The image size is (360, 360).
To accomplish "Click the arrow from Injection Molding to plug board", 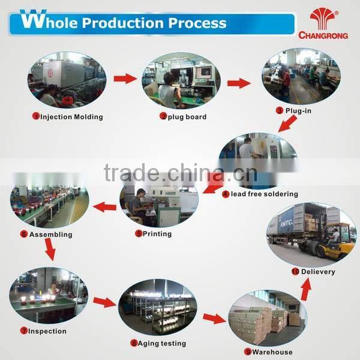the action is click(x=125, y=79).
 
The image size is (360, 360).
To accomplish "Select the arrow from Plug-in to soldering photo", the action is click(x=287, y=124).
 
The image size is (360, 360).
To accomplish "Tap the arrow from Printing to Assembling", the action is click(x=104, y=207).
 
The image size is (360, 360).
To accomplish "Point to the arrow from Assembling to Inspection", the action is click(x=50, y=250).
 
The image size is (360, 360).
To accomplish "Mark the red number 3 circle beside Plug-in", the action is click(x=280, y=110).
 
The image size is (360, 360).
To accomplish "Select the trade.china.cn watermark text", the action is click(x=181, y=172).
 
